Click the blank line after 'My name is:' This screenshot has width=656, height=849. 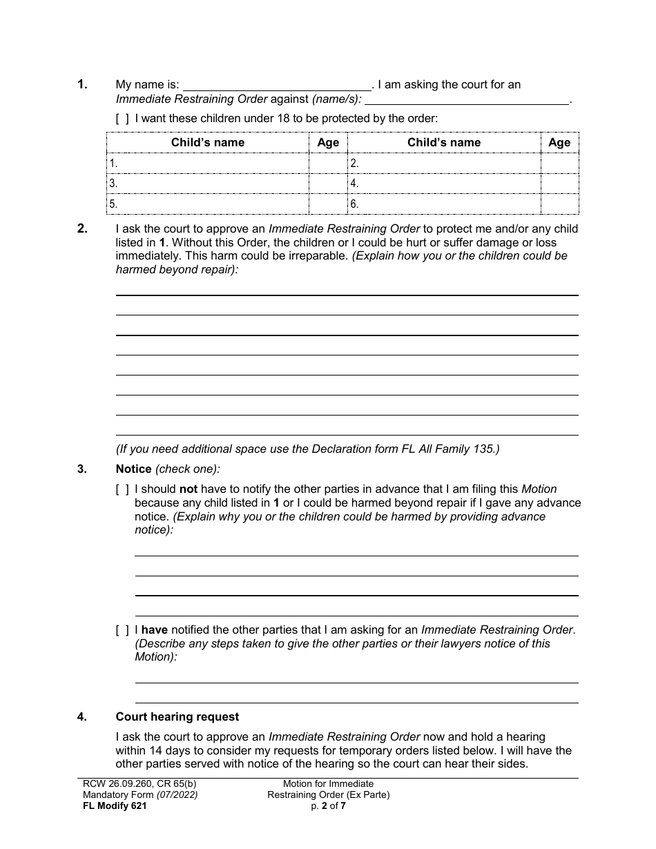point(276,86)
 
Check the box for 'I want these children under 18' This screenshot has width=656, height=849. point(122,119)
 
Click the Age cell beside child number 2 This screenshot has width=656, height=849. point(559,164)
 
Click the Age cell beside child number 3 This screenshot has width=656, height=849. point(328,184)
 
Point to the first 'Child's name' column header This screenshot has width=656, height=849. point(208,143)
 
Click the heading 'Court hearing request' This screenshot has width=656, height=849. point(177,717)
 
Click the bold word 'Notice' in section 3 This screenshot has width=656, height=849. point(133,469)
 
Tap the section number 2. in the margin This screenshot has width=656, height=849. point(83,229)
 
